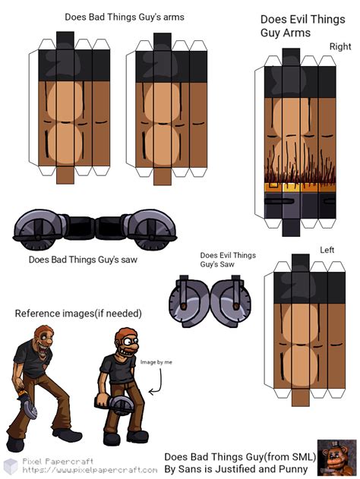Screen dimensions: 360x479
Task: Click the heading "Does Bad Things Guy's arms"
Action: [125, 17]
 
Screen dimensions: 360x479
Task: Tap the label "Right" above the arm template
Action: [340, 46]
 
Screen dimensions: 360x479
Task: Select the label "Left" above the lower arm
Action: [327, 250]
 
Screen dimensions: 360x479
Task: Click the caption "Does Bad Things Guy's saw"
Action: [83, 260]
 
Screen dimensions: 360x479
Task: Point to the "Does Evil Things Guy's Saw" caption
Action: [228, 260]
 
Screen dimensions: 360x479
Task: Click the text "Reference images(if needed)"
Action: [78, 314]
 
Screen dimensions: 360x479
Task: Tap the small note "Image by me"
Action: [156, 362]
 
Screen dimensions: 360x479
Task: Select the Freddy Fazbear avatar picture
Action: [337, 457]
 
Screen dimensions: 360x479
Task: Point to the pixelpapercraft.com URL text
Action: [90, 470]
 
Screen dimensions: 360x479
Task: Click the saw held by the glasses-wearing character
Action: [118, 403]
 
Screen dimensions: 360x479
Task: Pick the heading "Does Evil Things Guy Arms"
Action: [302, 26]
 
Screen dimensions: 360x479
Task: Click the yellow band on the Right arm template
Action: [300, 188]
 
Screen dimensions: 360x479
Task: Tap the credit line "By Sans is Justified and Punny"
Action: [236, 469]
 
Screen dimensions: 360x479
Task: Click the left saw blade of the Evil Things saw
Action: [189, 301]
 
